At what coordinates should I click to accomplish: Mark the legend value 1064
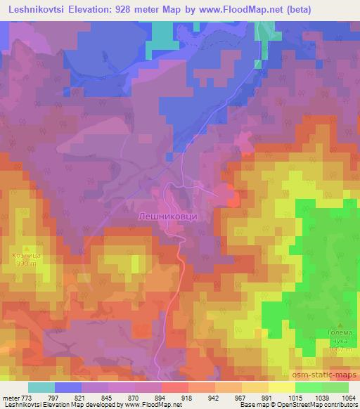pyautogui.click(x=347, y=397)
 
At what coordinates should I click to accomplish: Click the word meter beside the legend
pyautogui.click(x=11, y=397)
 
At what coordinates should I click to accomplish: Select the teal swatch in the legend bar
pyautogui.click(x=41, y=387)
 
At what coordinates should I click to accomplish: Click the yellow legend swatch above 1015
pyautogui.click(x=281, y=387)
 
